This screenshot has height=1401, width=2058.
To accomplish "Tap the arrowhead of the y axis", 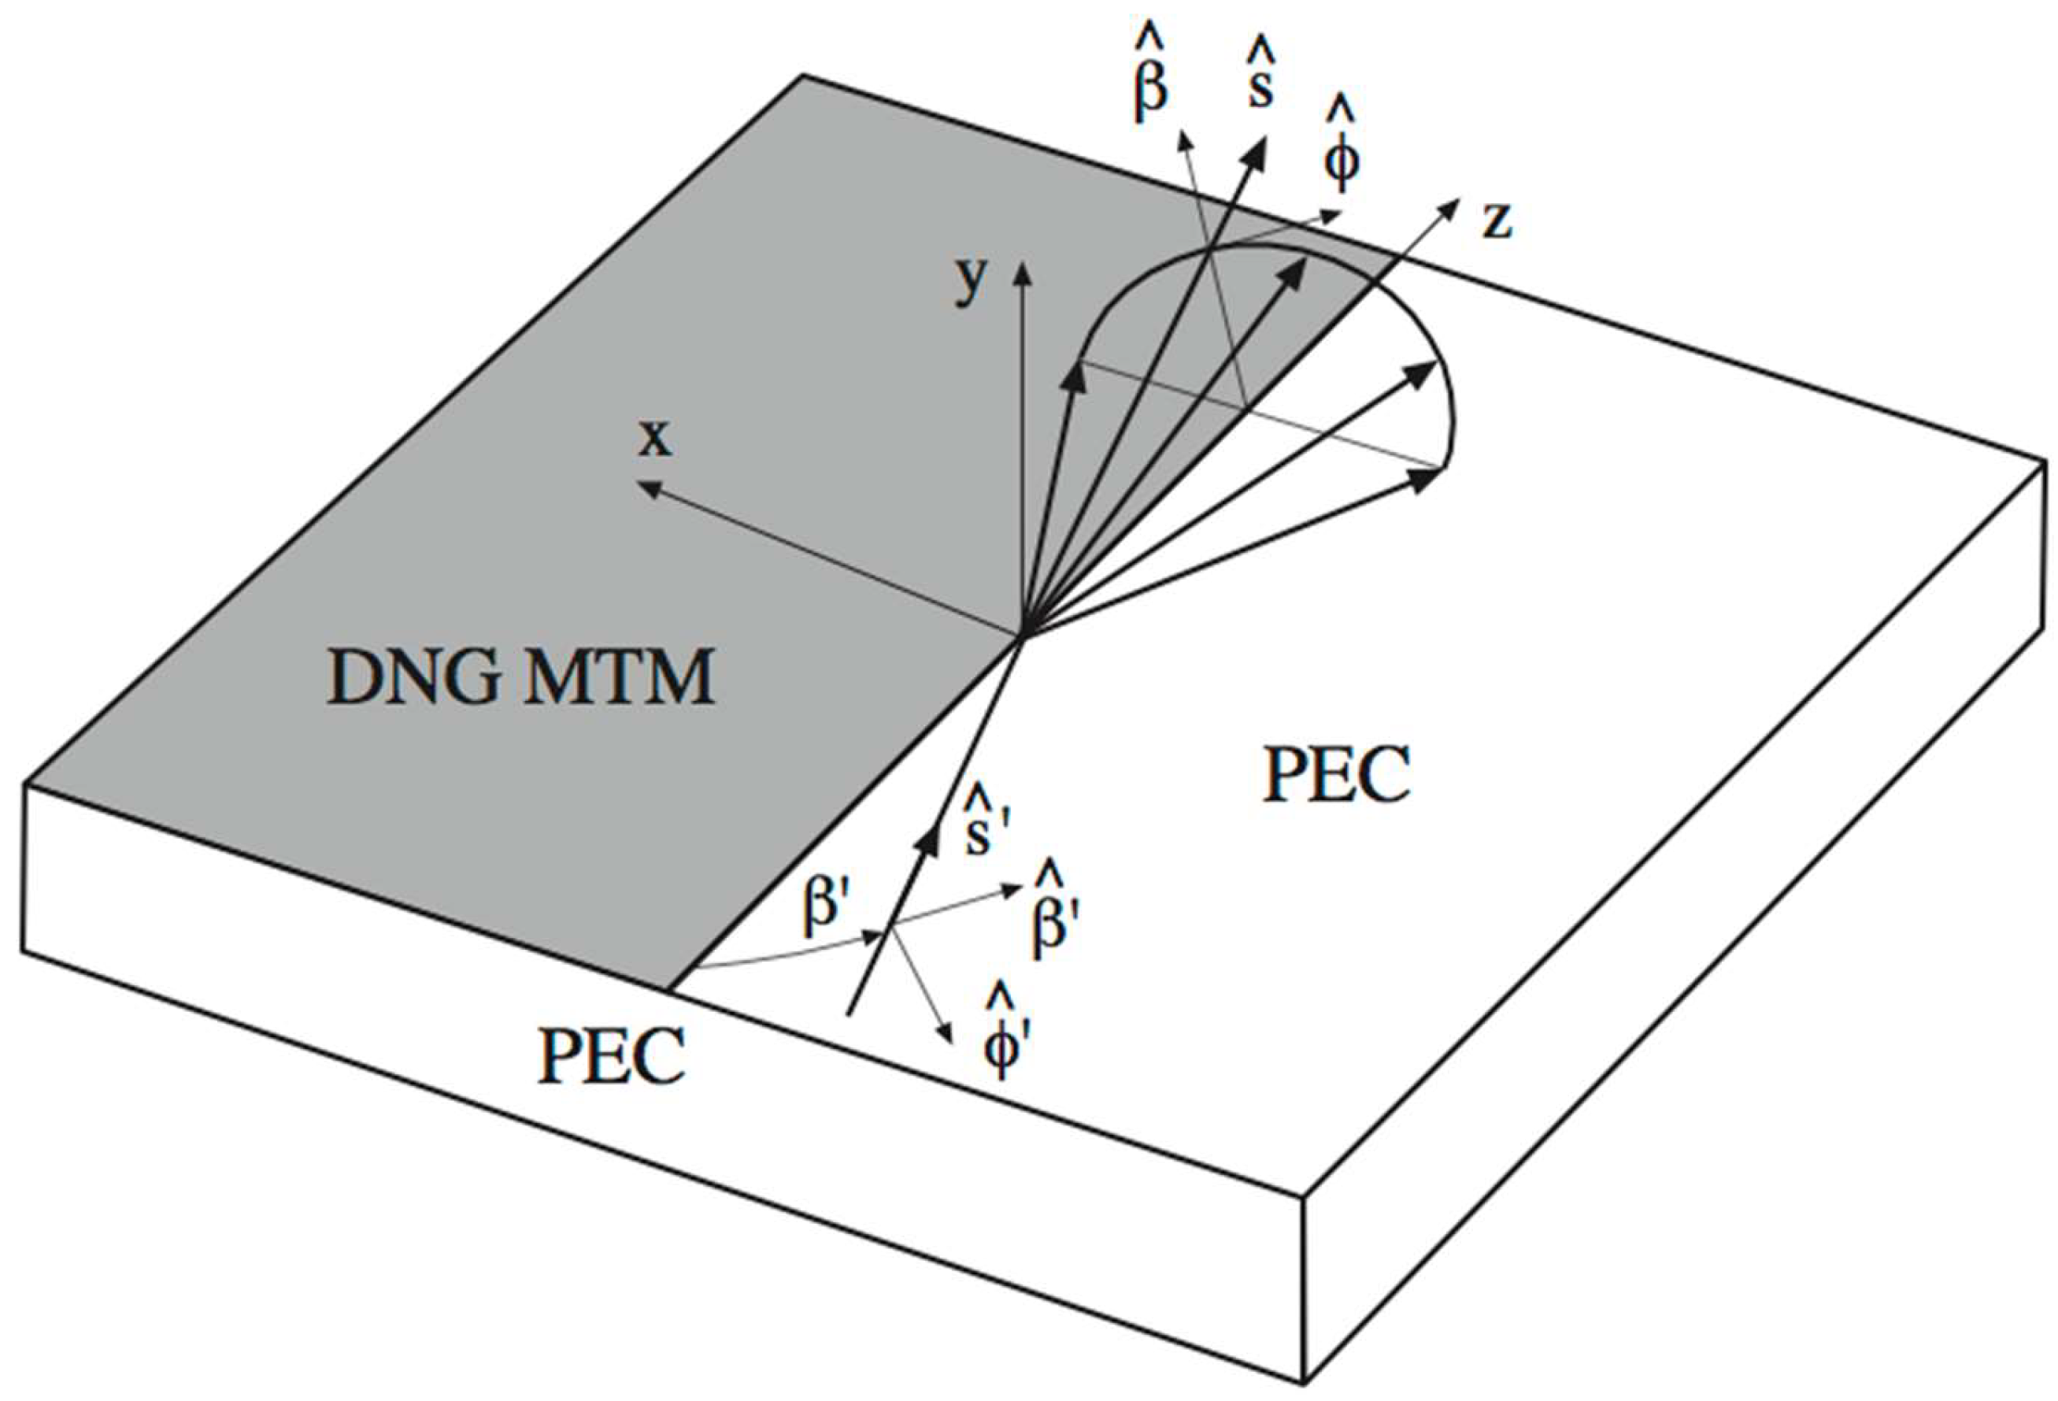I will point(1022,268).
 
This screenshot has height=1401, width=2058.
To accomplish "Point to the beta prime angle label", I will point(824,908).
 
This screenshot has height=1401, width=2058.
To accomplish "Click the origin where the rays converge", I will point(1022,636).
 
